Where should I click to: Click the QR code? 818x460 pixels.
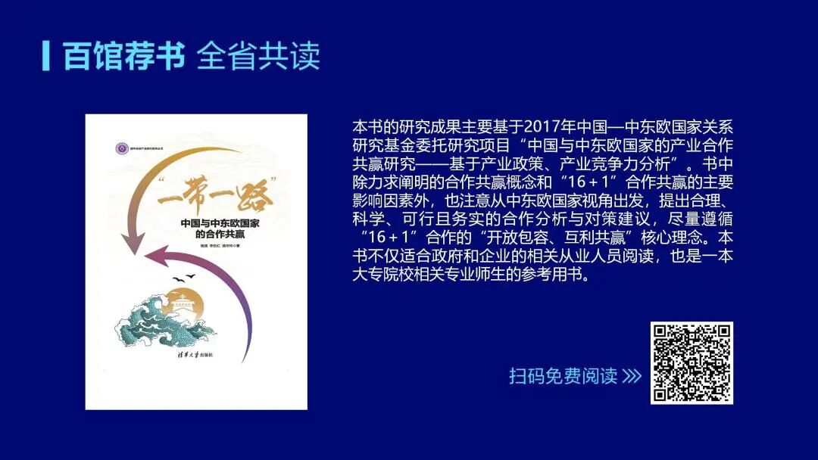point(692,362)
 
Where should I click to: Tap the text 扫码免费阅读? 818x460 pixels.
point(563,376)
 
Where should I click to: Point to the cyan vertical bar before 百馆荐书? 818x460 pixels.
point(47,56)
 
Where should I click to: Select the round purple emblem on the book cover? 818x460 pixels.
point(118,145)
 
